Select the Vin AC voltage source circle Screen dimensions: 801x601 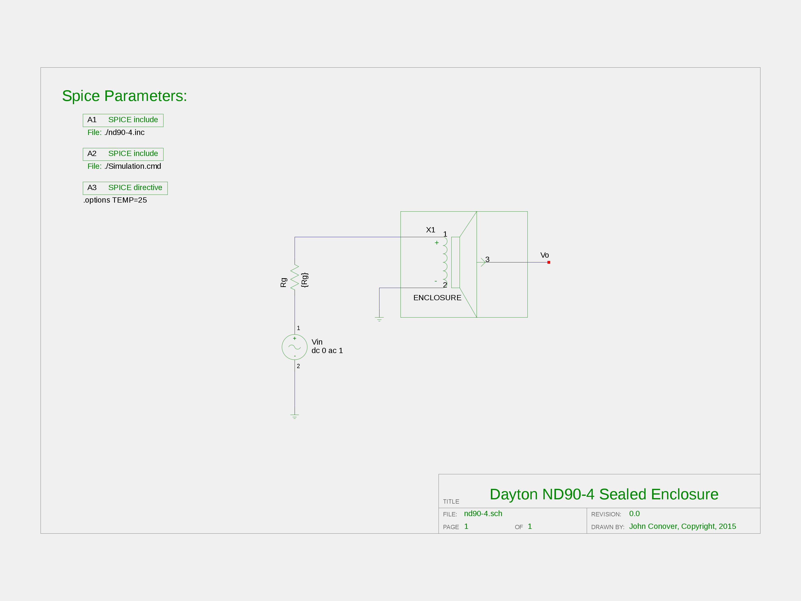[295, 347]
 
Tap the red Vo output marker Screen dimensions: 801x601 [549, 262]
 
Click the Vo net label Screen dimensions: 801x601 [545, 255]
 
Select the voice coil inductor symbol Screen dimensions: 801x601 [445, 262]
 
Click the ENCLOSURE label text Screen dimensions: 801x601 [438, 298]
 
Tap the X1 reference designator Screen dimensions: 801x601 [431, 230]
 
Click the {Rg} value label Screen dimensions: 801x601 [305, 280]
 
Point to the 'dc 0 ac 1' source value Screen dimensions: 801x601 [327, 351]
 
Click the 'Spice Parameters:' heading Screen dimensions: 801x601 [125, 96]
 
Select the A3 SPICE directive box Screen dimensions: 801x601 [125, 188]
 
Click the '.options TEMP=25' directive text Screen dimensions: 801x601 [115, 200]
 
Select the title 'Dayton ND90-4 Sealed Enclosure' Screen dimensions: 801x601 [604, 494]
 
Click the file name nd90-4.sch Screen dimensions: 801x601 [483, 514]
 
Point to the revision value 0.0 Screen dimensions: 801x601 [635, 514]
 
